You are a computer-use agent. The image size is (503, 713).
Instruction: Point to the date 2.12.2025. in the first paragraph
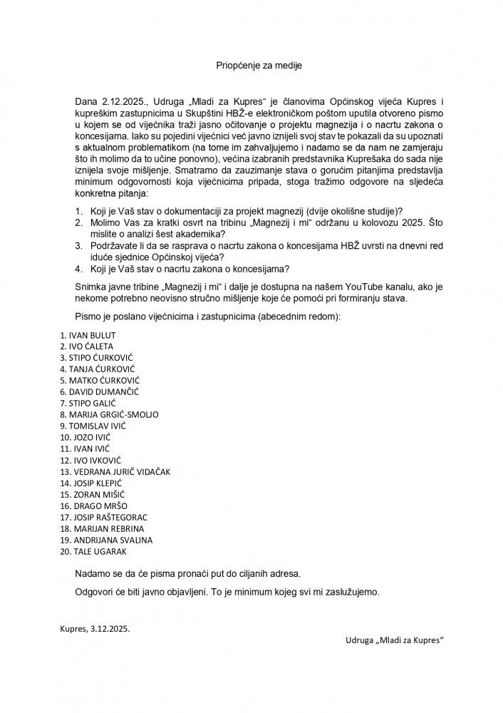tap(121, 101)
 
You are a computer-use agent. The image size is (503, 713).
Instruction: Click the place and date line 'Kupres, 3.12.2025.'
tap(95, 629)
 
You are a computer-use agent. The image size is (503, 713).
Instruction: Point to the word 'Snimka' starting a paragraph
tap(90, 286)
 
